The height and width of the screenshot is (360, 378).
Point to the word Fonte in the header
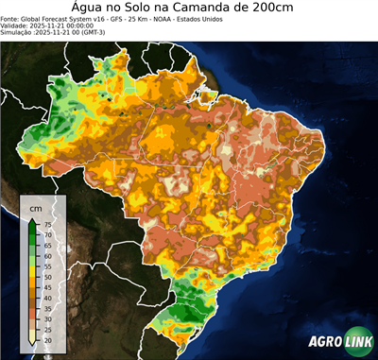(10, 18)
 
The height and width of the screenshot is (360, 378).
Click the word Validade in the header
(16, 25)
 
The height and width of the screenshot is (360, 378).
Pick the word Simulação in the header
(18, 32)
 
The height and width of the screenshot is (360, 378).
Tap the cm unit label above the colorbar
(35, 207)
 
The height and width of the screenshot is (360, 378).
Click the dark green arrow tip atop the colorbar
(32, 220)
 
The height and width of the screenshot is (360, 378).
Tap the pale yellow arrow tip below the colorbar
(32, 343)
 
